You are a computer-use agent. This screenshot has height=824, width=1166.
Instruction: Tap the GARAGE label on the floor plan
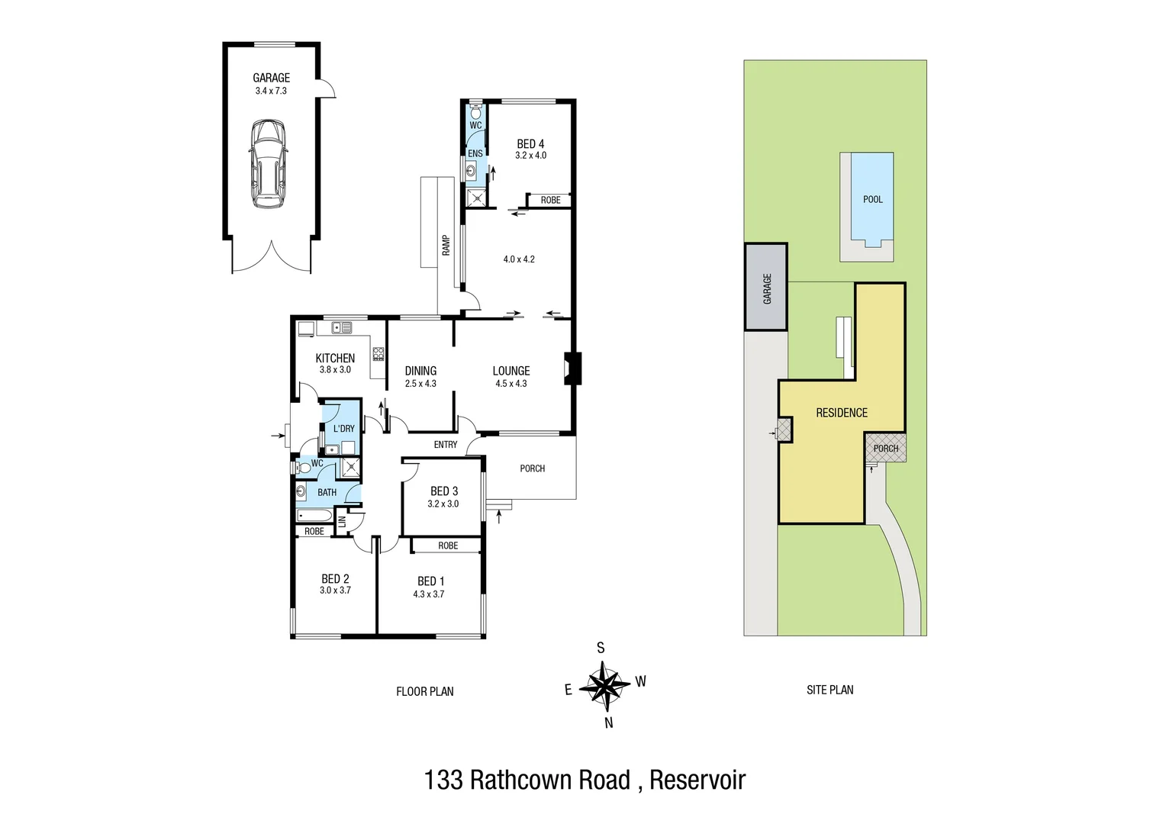pos(271,78)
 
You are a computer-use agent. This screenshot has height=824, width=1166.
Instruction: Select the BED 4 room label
pos(530,143)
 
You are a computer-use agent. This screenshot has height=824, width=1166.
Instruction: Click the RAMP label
pos(446,245)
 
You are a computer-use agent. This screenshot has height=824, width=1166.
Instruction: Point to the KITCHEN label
pos(335,358)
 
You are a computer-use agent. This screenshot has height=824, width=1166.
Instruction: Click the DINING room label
pos(420,371)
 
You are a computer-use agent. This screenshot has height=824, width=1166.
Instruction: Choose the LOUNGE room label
pos(511,371)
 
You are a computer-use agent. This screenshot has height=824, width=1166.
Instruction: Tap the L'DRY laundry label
pos(344,429)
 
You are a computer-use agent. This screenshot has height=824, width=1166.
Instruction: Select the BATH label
pos(327,492)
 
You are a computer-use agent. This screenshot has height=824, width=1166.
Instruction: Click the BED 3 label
pos(443,491)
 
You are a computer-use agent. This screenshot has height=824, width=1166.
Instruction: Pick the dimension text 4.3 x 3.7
pos(428,594)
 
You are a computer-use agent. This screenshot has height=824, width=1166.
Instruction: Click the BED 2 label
pos(335,579)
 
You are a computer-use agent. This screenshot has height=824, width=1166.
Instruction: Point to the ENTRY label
pos(446,444)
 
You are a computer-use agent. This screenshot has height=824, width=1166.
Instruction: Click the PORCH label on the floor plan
pos(532,468)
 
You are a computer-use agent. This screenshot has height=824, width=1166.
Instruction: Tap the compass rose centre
pos(605,684)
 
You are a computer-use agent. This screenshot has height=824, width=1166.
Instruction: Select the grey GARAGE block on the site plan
pos(766,288)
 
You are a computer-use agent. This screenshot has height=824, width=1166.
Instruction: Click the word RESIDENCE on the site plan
pos(842,413)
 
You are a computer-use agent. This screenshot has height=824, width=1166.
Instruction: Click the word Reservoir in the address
pos(697,781)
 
